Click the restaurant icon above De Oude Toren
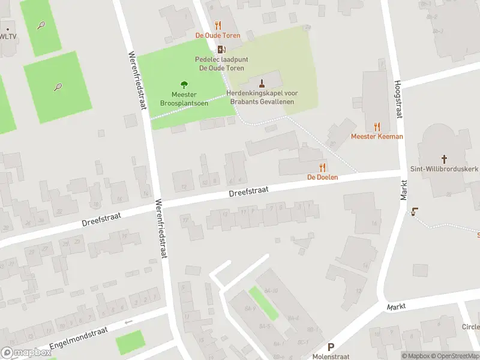pos(218,25)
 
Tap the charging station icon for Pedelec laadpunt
pos(221,49)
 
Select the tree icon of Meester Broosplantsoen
pos(184,85)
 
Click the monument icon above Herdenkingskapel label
pos(262,83)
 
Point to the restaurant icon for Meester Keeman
pos(377,126)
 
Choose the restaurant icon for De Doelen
pos(322,167)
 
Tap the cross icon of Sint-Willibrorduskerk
pos(444,159)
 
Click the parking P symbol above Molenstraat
pos(330,347)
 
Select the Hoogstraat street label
pos(397,99)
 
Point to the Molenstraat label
pos(330,356)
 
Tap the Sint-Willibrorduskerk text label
pos(444,169)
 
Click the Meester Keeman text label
pos(377,136)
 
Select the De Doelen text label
pos(323,177)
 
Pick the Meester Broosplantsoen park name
pos(184,99)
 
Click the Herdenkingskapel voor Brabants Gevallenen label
pos(262,97)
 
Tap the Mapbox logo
pos(26,353)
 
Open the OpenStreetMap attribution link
pos(455,356)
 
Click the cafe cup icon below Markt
pos(414,211)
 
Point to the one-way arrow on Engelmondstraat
pos(127,322)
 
